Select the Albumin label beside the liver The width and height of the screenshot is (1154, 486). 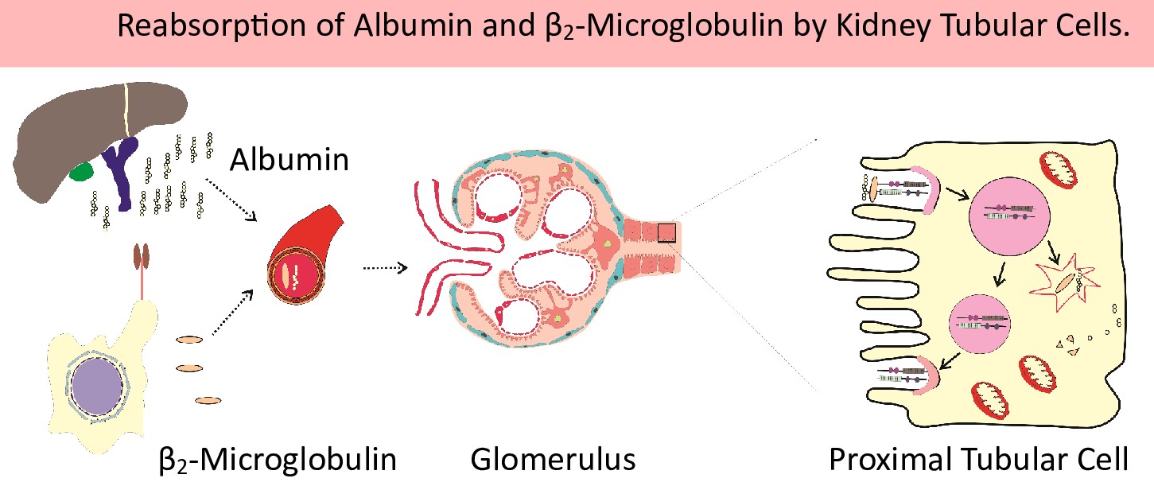289,160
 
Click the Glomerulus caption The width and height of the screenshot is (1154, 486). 553,459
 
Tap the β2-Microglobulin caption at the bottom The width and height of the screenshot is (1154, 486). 278,459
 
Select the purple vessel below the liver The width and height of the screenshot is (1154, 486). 122,172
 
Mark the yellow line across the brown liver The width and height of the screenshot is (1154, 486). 125,111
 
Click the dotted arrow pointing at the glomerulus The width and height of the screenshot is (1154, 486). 385,268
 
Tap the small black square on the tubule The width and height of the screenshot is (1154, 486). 666,232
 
